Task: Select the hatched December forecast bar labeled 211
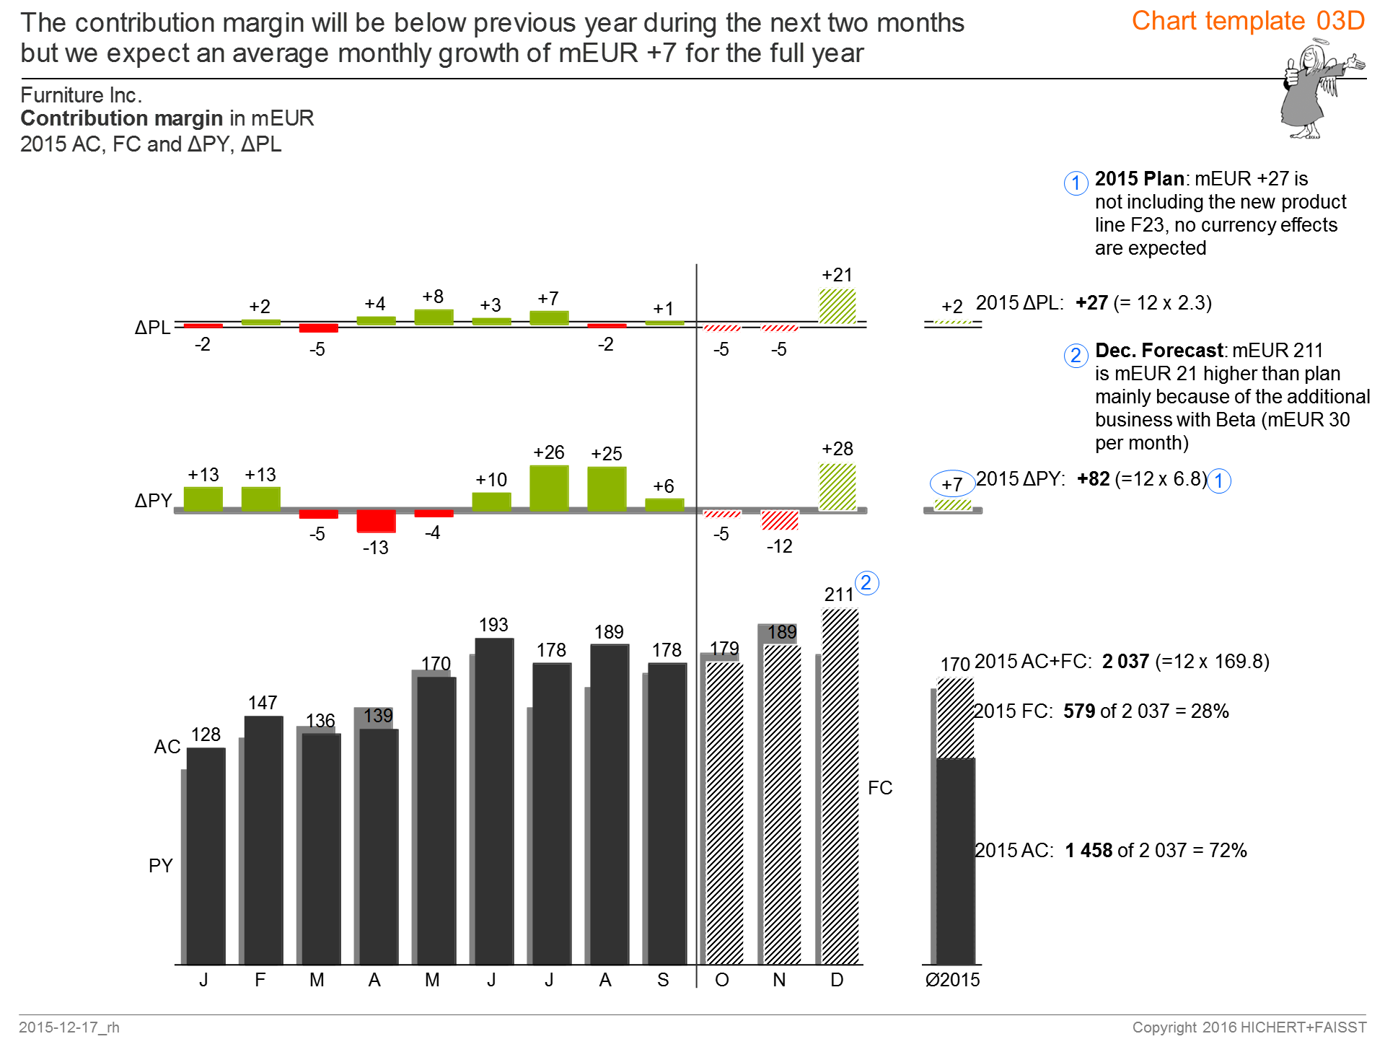(x=840, y=786)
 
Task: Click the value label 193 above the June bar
(x=493, y=625)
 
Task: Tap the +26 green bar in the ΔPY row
(x=549, y=488)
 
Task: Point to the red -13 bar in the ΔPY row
(x=376, y=520)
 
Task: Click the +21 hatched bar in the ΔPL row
(x=837, y=306)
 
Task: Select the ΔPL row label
(x=152, y=328)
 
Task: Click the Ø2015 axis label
(x=952, y=980)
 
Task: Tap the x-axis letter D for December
(x=837, y=980)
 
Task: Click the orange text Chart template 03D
(x=1248, y=21)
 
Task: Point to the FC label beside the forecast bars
(x=880, y=788)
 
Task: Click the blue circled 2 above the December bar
(x=866, y=583)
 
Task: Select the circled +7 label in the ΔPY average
(x=952, y=484)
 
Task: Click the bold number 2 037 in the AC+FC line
(x=1125, y=662)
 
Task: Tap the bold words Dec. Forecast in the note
(x=1159, y=351)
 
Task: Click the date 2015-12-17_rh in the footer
(x=69, y=1027)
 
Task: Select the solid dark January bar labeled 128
(x=206, y=856)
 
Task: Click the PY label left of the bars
(x=160, y=866)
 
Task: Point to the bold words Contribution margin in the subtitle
(x=121, y=118)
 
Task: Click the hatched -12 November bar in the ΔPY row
(x=780, y=519)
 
